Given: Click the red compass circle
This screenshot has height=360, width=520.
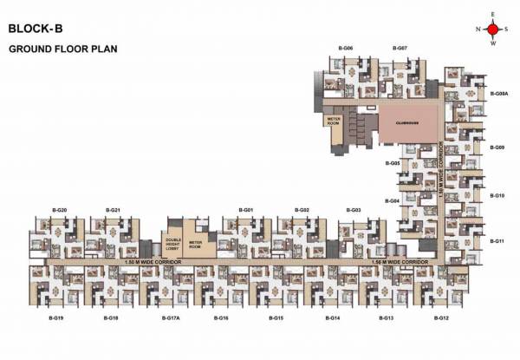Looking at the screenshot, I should click(x=492, y=29).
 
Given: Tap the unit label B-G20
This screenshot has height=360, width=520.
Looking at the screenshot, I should click(x=59, y=211).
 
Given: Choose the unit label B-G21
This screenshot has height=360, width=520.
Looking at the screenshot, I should click(x=113, y=211).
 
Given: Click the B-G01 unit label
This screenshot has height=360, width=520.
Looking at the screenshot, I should click(x=247, y=211).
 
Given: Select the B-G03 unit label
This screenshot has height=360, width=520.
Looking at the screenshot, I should click(x=353, y=211).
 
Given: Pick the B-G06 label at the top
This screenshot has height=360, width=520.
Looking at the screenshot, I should click(x=346, y=47).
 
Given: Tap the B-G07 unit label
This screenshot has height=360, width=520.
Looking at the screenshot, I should click(x=400, y=47).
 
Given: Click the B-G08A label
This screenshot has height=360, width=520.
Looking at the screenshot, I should click(x=498, y=92).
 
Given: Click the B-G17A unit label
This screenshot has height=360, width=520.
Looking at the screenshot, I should click(x=170, y=319).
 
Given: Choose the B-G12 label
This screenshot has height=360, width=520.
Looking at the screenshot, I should click(x=441, y=319).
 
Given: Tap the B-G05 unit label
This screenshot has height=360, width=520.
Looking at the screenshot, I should click(x=392, y=162).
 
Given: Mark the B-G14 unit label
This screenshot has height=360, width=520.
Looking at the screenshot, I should click(x=333, y=319).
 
